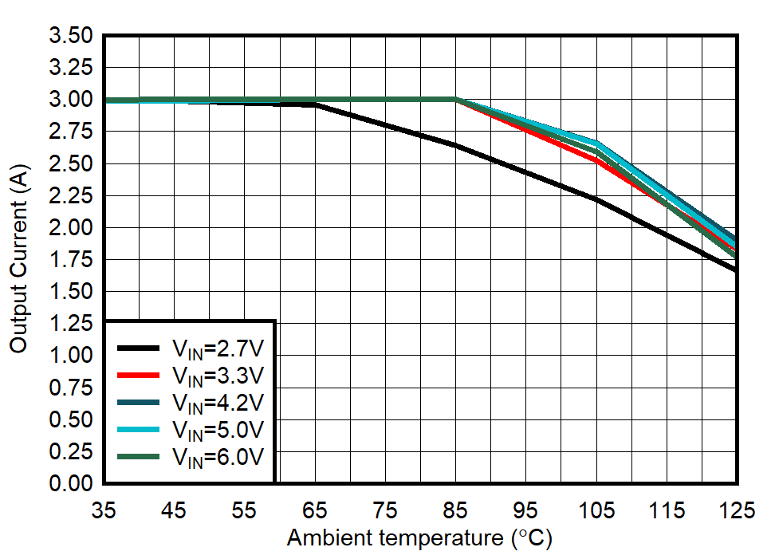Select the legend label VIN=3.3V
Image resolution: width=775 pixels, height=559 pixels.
tap(218, 375)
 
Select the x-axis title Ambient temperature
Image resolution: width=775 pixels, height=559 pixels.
tap(419, 538)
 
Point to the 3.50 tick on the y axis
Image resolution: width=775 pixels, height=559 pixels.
tap(71, 36)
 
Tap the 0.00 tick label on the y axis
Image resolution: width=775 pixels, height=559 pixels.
tap(71, 483)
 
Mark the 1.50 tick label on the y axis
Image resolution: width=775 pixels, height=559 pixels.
tap(71, 292)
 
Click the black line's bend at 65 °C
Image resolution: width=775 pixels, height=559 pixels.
tap(315, 104)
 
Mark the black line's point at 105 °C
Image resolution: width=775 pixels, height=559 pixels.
tap(596, 199)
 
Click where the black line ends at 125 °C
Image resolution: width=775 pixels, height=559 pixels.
tap(735, 270)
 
